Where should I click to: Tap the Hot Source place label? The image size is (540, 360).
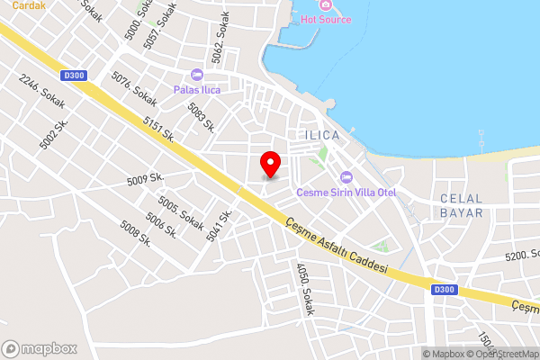tap(325, 18)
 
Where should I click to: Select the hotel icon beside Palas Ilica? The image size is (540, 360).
tap(197, 75)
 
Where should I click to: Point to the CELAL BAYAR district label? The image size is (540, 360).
tap(462, 205)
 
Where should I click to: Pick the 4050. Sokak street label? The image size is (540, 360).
tap(305, 288)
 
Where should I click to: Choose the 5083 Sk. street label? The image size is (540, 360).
tap(201, 116)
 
